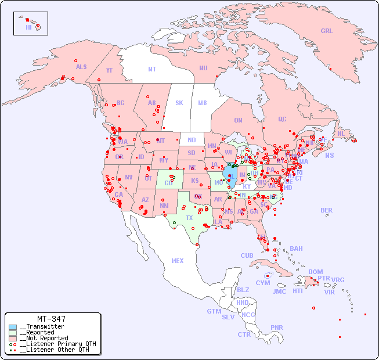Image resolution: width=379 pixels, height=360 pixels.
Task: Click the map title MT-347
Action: coord(51,319)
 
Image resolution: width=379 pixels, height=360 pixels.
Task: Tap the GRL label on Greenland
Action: coord(327,31)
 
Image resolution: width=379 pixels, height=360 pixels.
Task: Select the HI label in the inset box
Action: coord(28,27)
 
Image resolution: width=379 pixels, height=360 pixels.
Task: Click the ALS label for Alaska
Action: coord(81,67)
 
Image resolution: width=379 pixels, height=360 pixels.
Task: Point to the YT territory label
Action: coord(109,70)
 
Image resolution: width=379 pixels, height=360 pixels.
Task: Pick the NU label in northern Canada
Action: coord(203,68)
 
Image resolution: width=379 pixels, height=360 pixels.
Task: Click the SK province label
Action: coord(179,103)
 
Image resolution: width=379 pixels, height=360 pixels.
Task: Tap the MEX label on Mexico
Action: coord(178,261)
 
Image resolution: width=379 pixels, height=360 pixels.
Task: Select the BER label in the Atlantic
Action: coord(327,211)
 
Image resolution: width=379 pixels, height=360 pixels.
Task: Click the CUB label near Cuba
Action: coord(247,255)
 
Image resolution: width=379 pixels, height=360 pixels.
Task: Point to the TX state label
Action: coord(189,218)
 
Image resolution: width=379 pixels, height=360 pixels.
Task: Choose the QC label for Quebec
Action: coord(282,120)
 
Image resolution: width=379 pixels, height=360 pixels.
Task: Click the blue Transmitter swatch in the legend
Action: coord(13,327)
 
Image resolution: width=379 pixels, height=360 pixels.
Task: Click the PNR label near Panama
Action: coord(277,327)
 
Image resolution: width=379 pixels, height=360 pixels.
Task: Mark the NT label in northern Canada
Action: coord(152,69)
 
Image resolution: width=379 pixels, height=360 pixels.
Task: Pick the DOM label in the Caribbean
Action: coord(315,272)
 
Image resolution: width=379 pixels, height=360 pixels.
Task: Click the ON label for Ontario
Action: coord(238,121)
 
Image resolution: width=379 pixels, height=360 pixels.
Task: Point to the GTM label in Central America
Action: coord(214,311)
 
